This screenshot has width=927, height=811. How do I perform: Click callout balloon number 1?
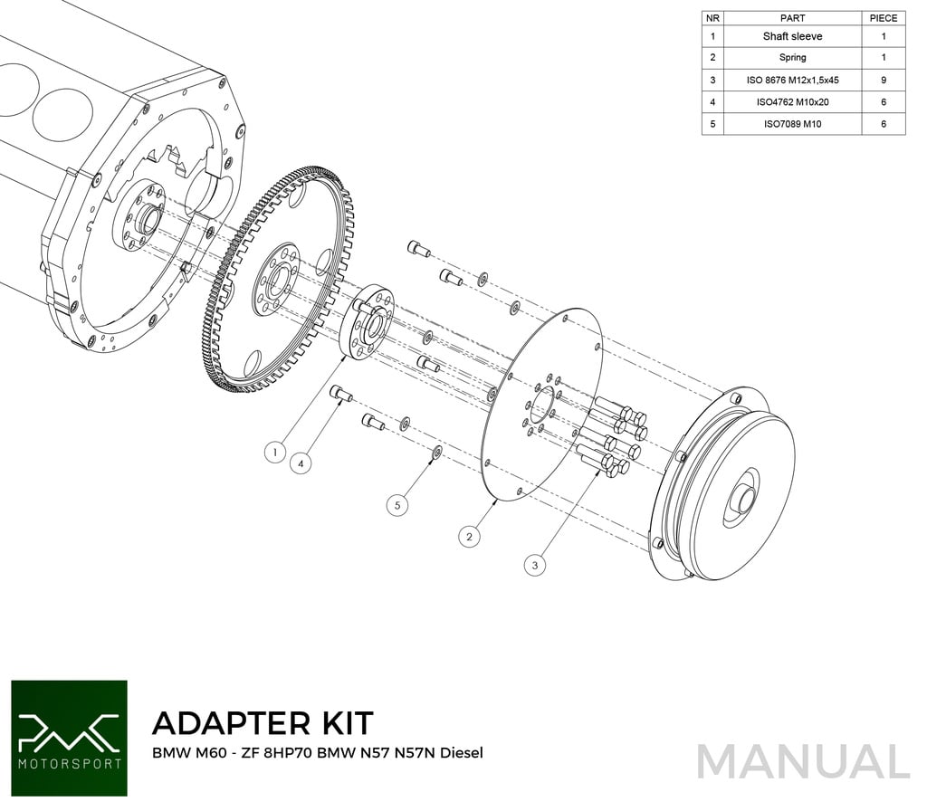pos(275,451)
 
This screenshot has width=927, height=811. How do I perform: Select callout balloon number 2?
pos(469,537)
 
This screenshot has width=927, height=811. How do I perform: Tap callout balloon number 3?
pos(535,564)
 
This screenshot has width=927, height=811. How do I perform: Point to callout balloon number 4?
pos(302,463)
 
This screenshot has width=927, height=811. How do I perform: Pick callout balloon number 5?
pos(397,505)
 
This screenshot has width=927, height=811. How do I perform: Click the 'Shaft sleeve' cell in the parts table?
pos(792,36)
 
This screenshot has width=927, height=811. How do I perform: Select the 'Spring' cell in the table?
pos(792,58)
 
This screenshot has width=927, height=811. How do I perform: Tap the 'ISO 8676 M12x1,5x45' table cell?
pos(792,80)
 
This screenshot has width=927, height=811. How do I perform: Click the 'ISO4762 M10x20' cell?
pos(792,101)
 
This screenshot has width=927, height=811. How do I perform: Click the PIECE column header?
pos(883,17)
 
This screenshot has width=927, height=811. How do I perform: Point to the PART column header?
pos(792,17)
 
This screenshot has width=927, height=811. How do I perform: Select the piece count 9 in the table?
pos(883,80)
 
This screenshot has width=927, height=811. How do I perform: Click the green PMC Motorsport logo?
pos(69,739)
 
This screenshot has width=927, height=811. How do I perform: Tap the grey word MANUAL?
pos(804,762)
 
